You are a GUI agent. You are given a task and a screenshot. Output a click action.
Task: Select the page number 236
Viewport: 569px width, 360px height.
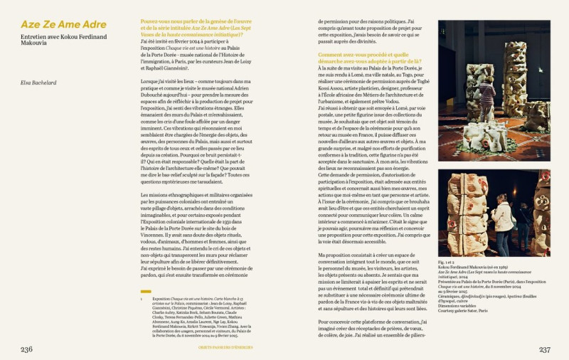26,349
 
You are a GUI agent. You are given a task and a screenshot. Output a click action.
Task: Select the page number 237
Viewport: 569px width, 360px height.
544,349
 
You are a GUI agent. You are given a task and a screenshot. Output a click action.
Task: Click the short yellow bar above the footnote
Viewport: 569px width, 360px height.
145,291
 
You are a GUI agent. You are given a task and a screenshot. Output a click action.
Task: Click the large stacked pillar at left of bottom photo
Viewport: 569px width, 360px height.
464,213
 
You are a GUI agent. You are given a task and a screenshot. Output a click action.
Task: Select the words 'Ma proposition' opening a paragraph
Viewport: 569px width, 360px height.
337,253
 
